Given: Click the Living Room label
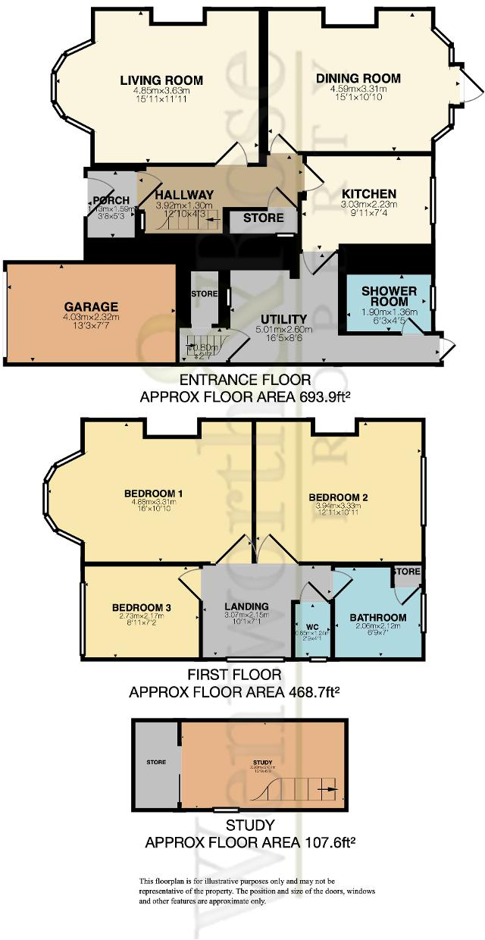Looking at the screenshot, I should tap(161, 80).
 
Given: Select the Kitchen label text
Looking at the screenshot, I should tap(368, 193).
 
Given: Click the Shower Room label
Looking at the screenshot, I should tap(389, 297).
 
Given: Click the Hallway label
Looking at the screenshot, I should tap(184, 195).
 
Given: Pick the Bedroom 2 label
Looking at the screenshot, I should tap(338, 497).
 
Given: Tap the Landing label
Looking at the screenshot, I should tap(246, 605).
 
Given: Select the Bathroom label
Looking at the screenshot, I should tap(377, 618).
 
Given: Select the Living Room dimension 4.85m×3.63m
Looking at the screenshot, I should tap(161, 90).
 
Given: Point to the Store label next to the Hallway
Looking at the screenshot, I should tap(263, 218).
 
